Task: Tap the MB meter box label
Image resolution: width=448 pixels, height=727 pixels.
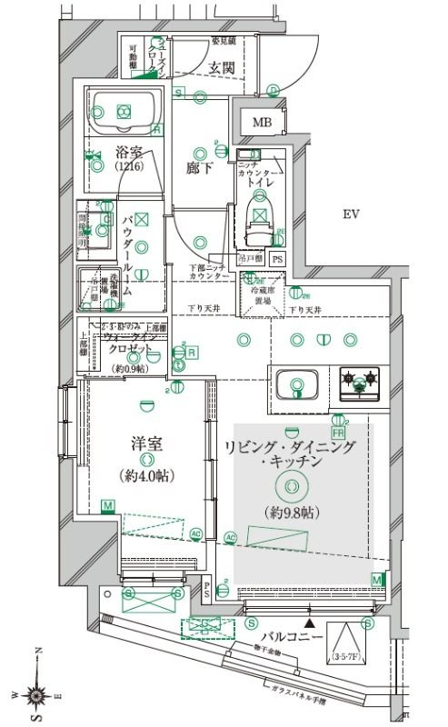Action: (262, 123)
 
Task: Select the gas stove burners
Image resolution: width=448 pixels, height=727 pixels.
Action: (360, 381)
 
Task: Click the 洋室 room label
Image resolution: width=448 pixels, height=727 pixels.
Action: (146, 445)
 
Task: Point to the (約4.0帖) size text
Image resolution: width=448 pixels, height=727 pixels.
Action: (146, 476)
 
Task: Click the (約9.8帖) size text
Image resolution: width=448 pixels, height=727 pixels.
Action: (291, 513)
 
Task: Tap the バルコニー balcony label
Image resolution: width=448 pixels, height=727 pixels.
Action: (293, 637)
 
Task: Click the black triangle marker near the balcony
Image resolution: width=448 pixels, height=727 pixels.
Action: (311, 623)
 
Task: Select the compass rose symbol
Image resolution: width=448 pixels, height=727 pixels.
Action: (37, 695)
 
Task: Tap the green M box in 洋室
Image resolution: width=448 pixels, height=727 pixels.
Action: (108, 506)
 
